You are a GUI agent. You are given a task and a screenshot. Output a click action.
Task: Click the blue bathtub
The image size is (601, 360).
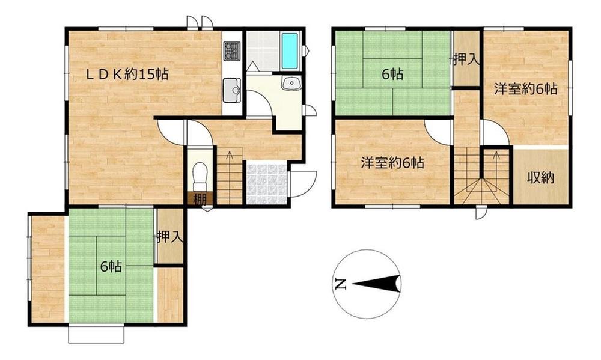click(290, 51)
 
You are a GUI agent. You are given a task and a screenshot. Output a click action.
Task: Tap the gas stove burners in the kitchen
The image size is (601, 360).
click(232, 51)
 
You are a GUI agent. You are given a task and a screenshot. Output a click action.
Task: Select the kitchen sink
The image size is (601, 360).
click(232, 91)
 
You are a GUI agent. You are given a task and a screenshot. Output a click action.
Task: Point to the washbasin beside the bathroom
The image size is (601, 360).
click(292, 82)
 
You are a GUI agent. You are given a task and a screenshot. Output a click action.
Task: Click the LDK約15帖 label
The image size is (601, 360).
click(127, 73)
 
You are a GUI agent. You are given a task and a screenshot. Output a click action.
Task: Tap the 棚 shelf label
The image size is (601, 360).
click(200, 199)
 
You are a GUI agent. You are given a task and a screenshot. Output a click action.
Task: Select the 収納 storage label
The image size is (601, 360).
click(540, 177)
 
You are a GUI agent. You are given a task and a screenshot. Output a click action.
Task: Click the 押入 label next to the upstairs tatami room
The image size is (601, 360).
click(466, 59)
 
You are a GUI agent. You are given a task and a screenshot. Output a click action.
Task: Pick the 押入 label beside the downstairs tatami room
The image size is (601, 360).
click(170, 237)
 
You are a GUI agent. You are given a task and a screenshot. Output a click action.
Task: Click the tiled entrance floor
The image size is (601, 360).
click(266, 184)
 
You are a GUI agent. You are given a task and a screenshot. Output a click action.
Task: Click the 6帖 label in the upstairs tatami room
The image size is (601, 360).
click(392, 73)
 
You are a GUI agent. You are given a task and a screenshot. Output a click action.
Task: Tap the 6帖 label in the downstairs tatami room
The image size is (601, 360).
click(111, 266)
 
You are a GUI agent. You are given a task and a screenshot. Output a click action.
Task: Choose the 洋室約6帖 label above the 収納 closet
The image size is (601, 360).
click(525, 89)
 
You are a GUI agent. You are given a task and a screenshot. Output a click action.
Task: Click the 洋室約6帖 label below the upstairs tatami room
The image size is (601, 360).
click(392, 163)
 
